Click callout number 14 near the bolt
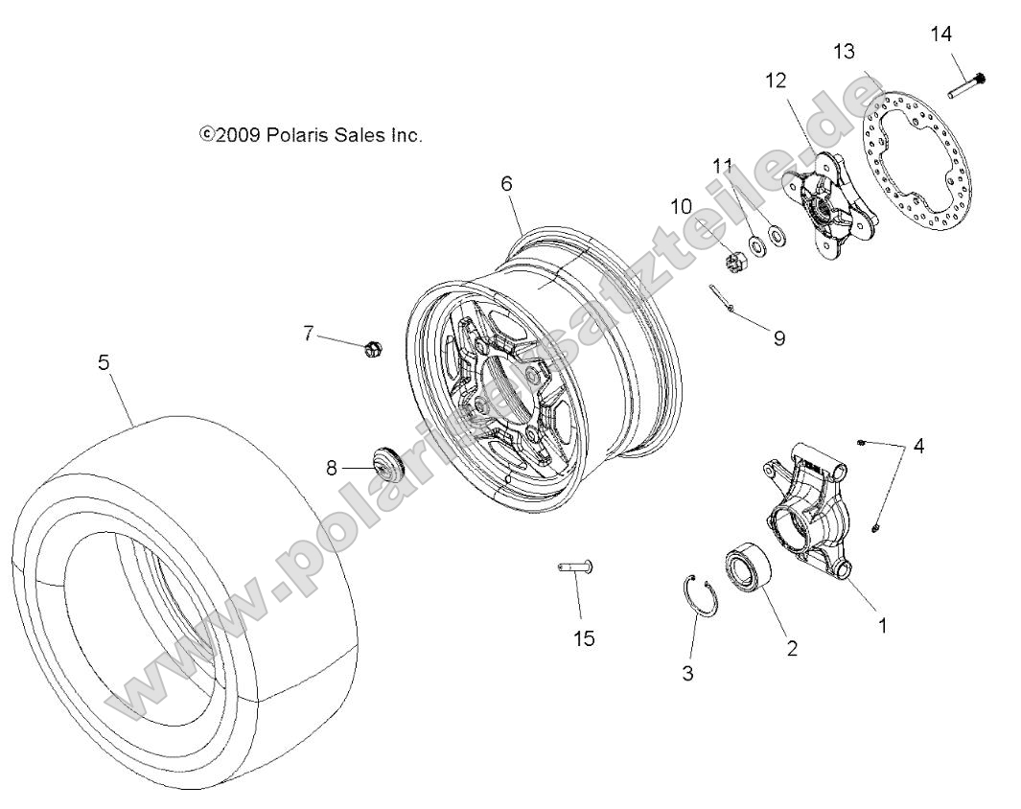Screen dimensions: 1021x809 941,35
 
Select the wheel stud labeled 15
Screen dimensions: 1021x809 576,568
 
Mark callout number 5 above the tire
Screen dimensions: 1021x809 104,362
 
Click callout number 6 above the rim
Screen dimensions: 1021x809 506,183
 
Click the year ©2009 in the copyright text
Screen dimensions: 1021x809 226,136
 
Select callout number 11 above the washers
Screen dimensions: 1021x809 722,166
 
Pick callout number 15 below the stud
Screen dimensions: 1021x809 583,637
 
